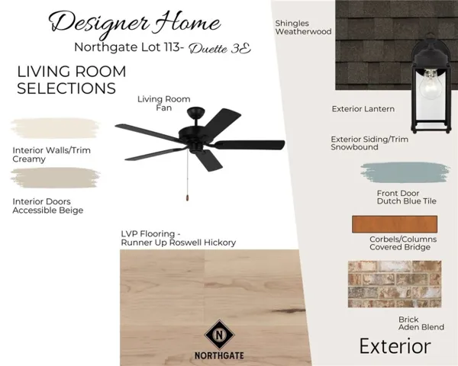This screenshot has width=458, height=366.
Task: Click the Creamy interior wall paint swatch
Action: [x=56, y=128]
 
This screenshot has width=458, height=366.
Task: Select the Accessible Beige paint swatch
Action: [x=56, y=178]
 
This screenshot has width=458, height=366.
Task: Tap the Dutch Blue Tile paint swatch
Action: [x=405, y=172]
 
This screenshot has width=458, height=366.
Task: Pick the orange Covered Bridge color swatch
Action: [x=395, y=224]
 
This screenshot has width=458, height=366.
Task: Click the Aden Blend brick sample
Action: [x=395, y=284]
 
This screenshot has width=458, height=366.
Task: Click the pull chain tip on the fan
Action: [x=187, y=197]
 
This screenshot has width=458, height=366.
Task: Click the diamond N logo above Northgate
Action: [x=219, y=335]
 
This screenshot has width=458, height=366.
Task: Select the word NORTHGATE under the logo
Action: [x=219, y=355]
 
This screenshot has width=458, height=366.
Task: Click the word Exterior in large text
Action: [x=395, y=346]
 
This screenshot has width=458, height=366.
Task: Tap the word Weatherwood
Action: [x=304, y=31]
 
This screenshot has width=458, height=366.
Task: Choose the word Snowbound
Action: [x=354, y=147]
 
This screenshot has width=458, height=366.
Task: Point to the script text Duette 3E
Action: [x=220, y=49]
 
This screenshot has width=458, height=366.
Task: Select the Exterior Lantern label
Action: [x=363, y=109]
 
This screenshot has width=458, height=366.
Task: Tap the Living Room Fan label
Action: [x=164, y=104]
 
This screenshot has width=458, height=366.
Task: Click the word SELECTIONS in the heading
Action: [x=66, y=88]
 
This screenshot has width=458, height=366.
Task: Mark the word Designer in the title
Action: [x=98, y=24]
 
